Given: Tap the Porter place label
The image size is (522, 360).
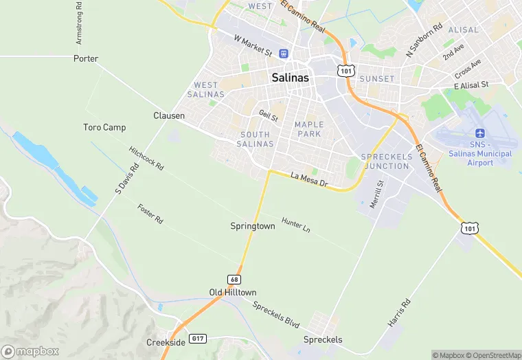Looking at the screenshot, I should coord(86,59).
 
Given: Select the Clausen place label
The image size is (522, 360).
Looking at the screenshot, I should coord(168,116).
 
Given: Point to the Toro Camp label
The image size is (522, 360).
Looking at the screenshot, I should coord(104,128).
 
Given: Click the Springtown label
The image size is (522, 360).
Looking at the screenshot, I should coord(253,226).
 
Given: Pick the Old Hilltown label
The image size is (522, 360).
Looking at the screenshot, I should coord(233,293).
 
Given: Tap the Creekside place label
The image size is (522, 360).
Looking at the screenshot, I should coord(166,342).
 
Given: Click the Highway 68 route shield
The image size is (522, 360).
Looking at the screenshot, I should coord(235,279).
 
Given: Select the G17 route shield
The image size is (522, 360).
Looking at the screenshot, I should coord(198,339).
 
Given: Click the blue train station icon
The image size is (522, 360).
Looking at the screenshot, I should coord(284,54).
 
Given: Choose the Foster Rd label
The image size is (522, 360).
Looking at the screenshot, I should coord(150,214).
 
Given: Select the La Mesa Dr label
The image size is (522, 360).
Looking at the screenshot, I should coord(309,181).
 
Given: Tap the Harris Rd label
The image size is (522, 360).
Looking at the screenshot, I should coord(398,313).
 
